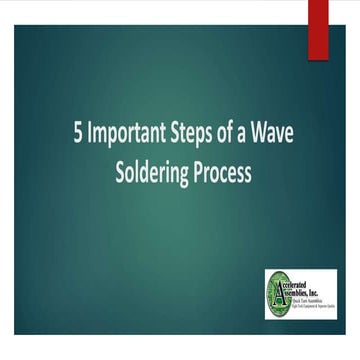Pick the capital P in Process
pyautogui.click(x=203, y=172)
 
